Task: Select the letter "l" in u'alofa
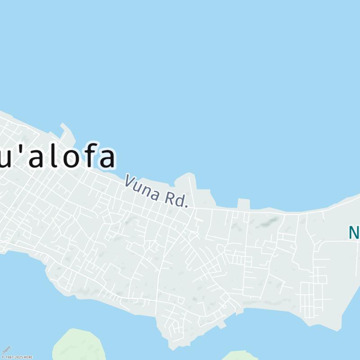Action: [x=50, y=156]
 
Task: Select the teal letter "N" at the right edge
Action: [x=354, y=232]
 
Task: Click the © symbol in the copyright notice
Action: [x=2, y=357]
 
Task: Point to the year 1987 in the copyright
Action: [x=9, y=357]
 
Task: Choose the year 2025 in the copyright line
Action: [x=18, y=357]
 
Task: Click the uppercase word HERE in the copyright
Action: [x=28, y=357]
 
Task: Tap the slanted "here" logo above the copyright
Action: [x=6, y=350]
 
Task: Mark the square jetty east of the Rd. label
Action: [x=243, y=204]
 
